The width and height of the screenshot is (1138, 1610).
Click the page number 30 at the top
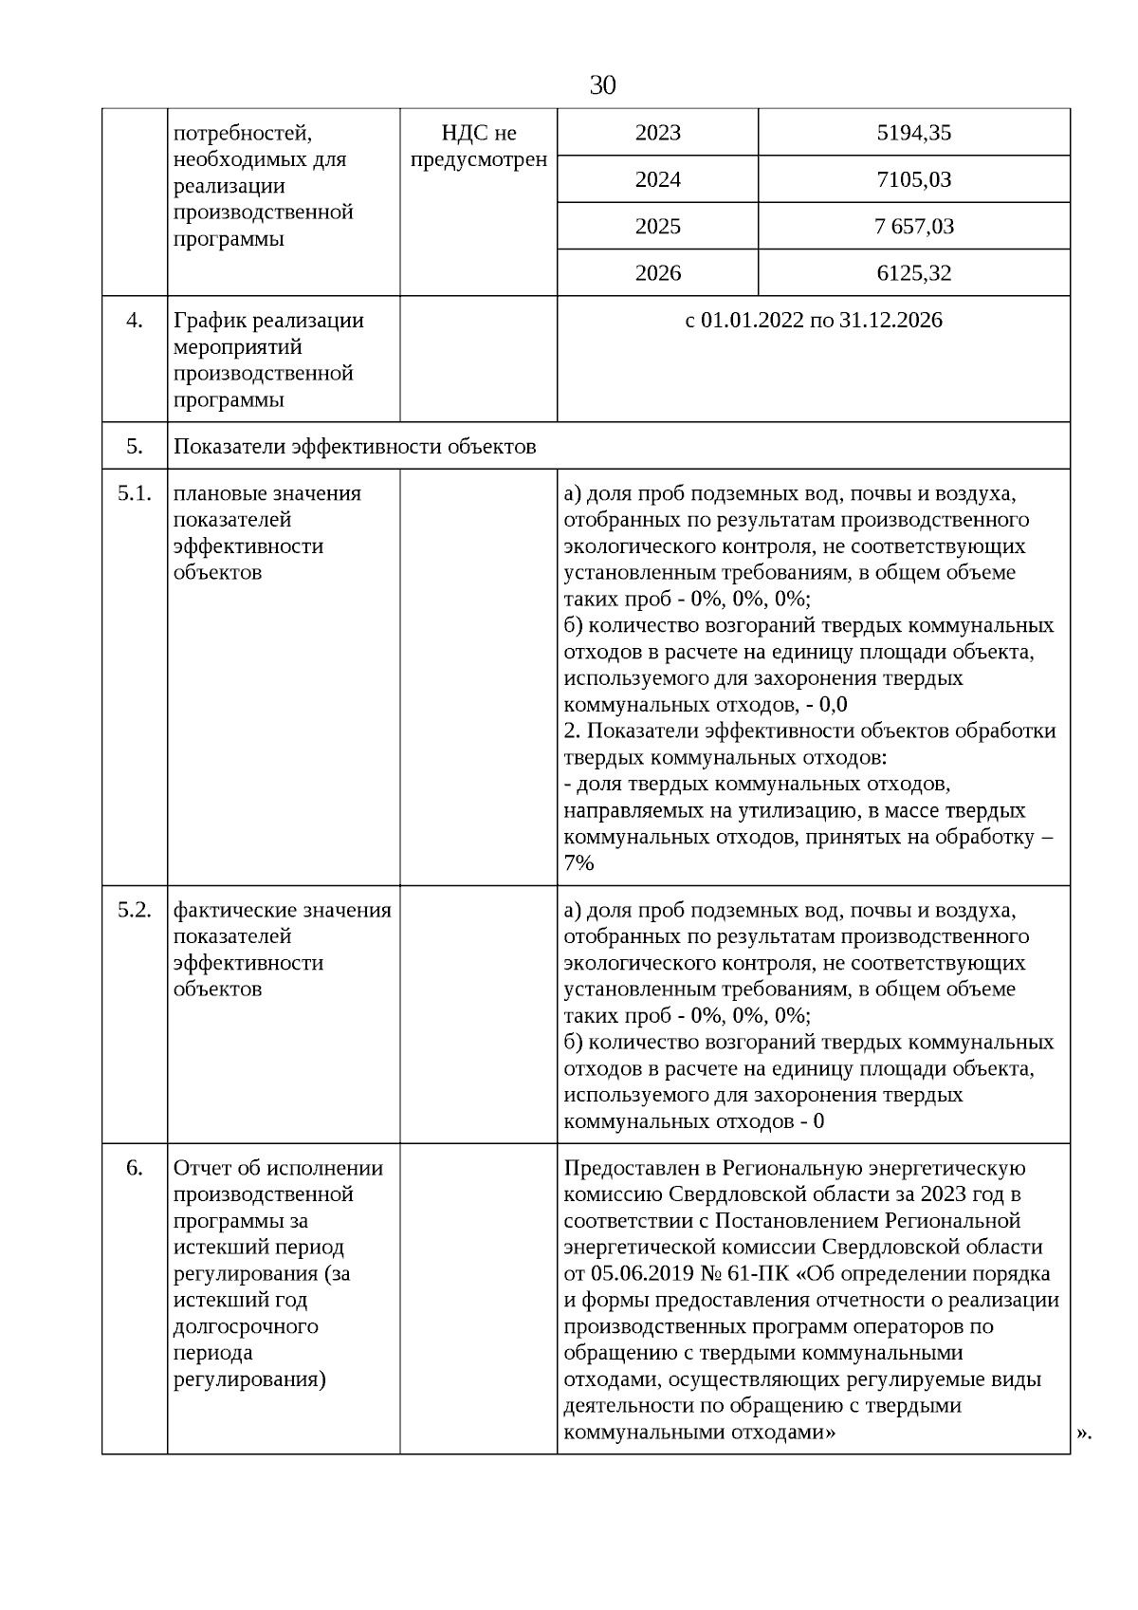click(602, 85)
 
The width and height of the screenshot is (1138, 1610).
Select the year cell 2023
click(657, 133)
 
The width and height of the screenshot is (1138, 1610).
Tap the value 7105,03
click(913, 179)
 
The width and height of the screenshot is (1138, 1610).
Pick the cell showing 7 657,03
click(914, 227)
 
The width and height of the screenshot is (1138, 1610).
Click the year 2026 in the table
click(657, 273)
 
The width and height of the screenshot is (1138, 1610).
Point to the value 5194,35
click(913, 133)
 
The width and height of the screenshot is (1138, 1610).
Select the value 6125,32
click(913, 273)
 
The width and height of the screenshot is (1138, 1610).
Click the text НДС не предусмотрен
click(478, 146)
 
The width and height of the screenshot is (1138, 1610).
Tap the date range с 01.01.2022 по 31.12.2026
click(813, 321)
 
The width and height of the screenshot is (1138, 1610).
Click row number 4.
click(134, 321)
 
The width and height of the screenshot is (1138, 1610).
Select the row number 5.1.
click(134, 493)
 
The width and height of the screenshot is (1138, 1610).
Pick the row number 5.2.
click(134, 910)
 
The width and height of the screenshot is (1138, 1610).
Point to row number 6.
click(134, 1168)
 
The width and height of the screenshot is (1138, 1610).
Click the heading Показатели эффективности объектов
click(355, 446)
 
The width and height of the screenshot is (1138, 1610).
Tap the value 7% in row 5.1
click(578, 863)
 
